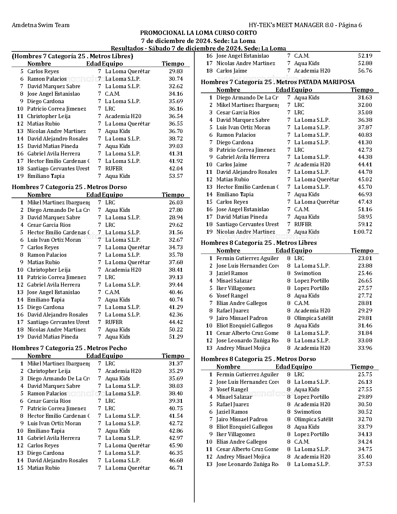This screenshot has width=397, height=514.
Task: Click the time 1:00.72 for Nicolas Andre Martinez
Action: click(x=363, y=232)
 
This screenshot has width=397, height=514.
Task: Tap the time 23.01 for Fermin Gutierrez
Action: click(x=365, y=258)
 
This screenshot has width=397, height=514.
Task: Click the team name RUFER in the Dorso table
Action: click(x=114, y=322)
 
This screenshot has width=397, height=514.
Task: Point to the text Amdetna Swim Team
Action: click(x=40, y=25)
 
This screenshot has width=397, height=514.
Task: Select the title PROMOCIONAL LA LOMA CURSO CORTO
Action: click(x=198, y=33)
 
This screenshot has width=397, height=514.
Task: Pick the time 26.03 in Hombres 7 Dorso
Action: click(x=176, y=202)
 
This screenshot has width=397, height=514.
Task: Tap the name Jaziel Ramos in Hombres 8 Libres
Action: click(x=232, y=273)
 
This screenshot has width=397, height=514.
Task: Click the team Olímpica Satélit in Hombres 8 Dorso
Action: click(x=314, y=419)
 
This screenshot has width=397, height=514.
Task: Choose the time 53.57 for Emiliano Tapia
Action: click(x=176, y=176)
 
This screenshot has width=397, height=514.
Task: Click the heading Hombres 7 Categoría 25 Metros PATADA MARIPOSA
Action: click(x=277, y=82)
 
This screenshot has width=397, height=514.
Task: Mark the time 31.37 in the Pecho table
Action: click(x=176, y=364)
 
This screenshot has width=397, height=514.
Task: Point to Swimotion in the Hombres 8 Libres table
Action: click(x=307, y=273)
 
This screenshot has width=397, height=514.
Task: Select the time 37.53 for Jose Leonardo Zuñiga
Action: click(x=365, y=464)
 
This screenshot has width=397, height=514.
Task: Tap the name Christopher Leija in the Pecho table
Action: click(x=49, y=371)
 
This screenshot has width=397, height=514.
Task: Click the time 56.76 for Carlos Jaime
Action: click(x=365, y=71)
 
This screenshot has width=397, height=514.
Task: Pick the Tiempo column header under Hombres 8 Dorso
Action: click(x=362, y=367)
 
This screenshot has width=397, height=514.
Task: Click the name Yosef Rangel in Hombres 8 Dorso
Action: click(x=232, y=389)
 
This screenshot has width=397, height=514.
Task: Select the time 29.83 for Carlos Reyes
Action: click(x=176, y=71)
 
